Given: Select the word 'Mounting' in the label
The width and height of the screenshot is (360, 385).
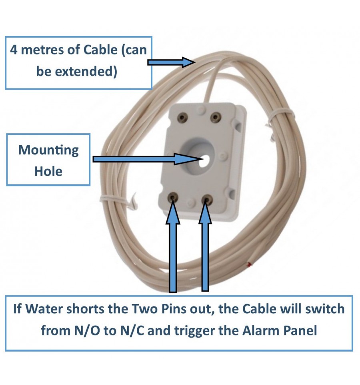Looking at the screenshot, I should [48, 150].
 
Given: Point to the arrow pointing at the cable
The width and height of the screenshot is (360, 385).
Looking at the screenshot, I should [170, 62].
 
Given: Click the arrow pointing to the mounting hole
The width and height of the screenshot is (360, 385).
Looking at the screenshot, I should [146, 159].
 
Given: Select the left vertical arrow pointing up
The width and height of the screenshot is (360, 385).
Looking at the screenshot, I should [173, 248].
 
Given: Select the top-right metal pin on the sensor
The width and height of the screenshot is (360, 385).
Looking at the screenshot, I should [215, 117].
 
